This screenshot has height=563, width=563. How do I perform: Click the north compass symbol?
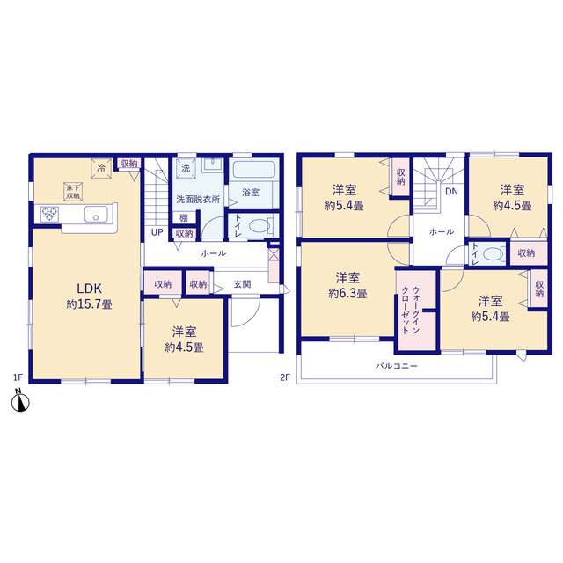20,401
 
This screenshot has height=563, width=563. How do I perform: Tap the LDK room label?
90,289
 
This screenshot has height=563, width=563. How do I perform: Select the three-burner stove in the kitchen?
49,214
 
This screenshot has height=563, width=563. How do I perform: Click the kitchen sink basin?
96,215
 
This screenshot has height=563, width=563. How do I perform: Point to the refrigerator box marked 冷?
101,168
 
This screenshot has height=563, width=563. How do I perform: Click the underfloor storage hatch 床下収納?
73,192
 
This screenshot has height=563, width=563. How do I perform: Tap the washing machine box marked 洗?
186,168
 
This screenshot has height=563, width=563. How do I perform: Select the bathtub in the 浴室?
254,169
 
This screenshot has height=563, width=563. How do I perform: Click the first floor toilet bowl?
260,226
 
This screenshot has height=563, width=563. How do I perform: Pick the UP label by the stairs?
157,232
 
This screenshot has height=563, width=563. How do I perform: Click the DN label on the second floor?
451,192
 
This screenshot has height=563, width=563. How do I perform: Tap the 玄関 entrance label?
243,284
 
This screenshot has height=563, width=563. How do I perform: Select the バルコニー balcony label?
397,366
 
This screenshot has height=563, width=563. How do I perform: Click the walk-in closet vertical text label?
411,311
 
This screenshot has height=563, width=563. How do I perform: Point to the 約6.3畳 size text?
347,294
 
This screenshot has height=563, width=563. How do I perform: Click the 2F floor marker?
285,377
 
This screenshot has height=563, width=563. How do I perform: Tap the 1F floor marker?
18,377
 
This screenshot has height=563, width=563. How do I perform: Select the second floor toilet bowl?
494,254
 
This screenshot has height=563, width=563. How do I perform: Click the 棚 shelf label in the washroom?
184,217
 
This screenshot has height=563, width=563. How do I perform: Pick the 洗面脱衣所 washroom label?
198,200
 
